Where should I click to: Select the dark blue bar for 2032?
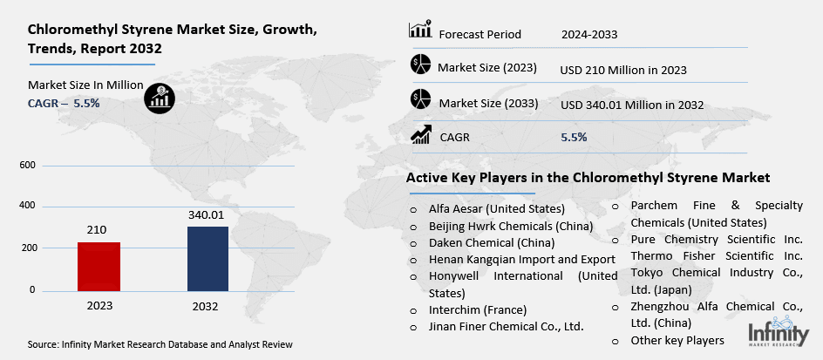207,258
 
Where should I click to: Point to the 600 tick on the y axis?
27,166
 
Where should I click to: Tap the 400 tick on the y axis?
27,207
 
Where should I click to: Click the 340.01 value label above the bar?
207,214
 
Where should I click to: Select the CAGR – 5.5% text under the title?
64,103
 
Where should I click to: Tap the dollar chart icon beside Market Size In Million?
159,95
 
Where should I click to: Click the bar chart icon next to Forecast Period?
420,30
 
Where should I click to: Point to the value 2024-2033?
589,34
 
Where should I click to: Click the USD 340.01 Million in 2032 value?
632,105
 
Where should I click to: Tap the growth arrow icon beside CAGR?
422,134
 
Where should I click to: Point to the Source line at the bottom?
160,345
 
